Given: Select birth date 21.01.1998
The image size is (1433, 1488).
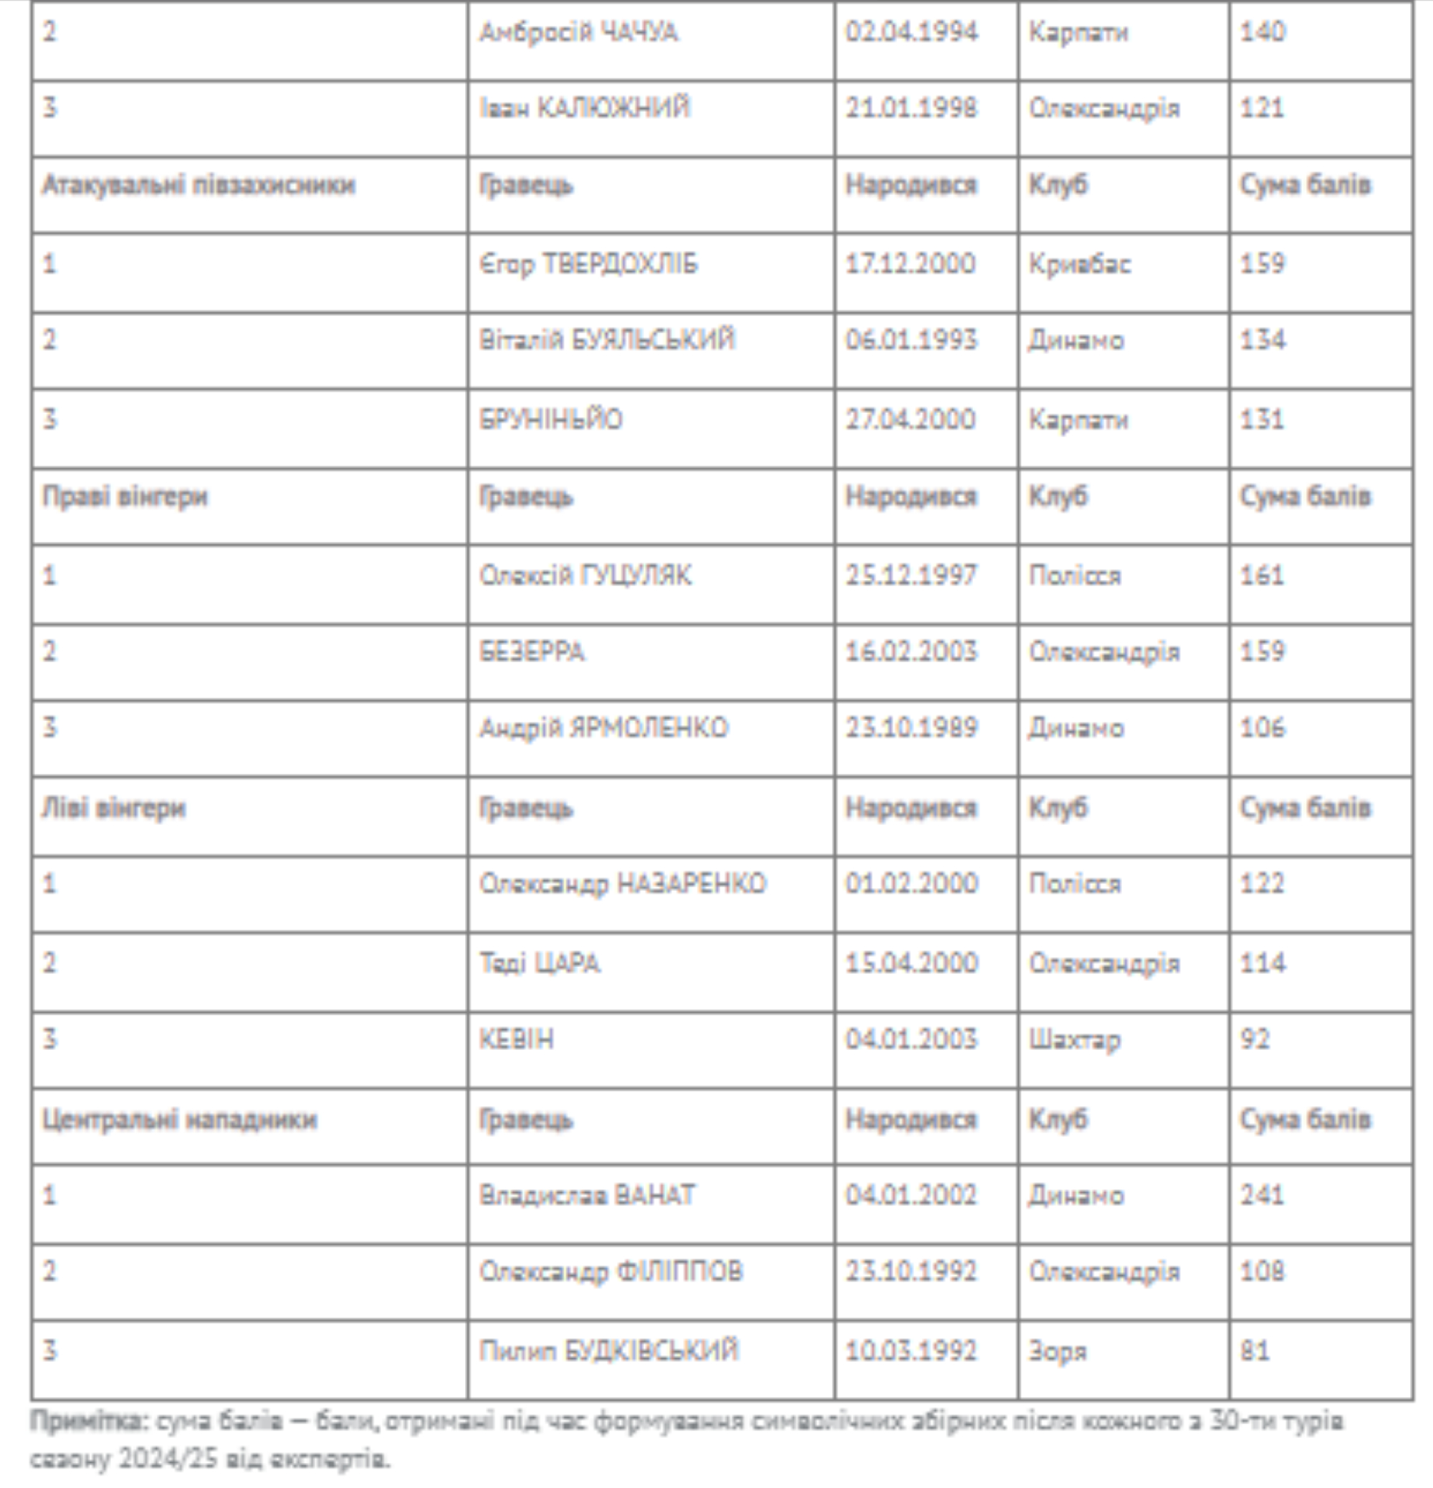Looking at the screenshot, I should click(x=911, y=108).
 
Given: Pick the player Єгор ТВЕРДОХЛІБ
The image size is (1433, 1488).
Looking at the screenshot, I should click(x=588, y=264).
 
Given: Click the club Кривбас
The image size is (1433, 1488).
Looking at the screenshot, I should click(x=1079, y=264).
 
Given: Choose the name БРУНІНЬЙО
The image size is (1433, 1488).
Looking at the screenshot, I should click(x=550, y=419).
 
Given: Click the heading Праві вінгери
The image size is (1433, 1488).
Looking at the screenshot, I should click(x=125, y=497).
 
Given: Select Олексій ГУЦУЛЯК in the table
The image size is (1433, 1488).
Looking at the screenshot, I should click(x=585, y=576).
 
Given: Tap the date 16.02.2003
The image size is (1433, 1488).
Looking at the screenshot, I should click(x=911, y=652).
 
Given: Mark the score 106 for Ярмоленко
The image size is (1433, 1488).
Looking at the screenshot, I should click(x=1262, y=728).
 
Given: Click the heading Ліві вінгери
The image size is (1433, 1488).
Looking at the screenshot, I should click(x=114, y=808).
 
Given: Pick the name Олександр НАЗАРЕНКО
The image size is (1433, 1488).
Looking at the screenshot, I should click(x=623, y=884).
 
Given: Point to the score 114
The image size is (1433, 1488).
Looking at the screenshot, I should click(x=1262, y=963).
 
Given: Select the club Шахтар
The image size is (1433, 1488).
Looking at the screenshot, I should click(x=1074, y=1039).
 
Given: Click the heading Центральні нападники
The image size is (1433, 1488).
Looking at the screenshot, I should click(x=179, y=1120).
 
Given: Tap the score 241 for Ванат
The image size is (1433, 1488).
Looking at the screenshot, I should click(x=1262, y=1196).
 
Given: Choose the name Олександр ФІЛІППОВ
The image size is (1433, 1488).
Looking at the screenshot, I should click(x=611, y=1272).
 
